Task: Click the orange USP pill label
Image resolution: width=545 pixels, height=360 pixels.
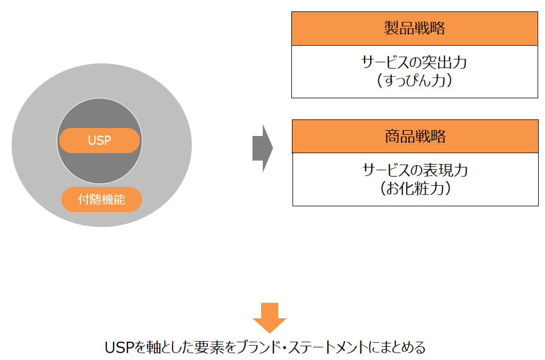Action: click(x=99, y=141)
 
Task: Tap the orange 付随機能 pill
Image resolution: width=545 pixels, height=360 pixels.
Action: click(x=102, y=199)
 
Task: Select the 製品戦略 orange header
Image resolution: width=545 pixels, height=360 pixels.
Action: click(x=414, y=29)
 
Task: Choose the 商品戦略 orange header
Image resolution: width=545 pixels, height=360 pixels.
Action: click(x=415, y=137)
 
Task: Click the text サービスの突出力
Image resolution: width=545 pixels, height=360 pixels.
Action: click(x=414, y=62)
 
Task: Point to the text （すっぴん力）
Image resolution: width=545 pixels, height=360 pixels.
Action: click(x=414, y=80)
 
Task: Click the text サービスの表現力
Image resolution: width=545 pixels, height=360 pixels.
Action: click(x=415, y=170)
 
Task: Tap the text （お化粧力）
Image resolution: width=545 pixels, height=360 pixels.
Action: click(x=415, y=188)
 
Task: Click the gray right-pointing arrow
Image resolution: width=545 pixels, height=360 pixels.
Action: click(x=262, y=149)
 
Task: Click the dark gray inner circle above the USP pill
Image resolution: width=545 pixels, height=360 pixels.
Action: click(x=99, y=114)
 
